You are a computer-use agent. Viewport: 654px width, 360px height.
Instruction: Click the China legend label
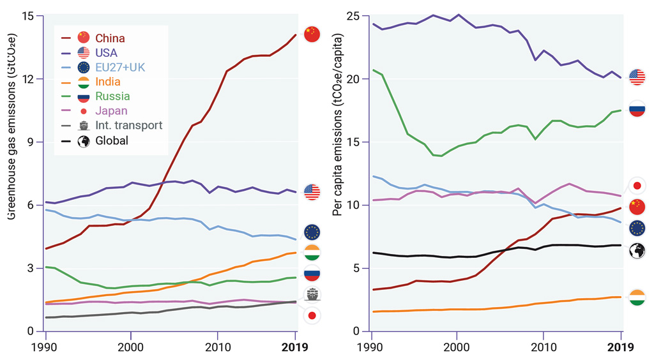pyautogui.click(x=110, y=38)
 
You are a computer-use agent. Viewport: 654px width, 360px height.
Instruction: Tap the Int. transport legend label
pyautogui.click(x=128, y=126)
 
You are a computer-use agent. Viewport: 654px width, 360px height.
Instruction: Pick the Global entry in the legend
pyautogui.click(x=111, y=140)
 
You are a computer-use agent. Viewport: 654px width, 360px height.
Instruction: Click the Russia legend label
pyautogui.click(x=112, y=96)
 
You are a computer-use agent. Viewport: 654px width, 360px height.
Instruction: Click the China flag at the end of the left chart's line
pyautogui.click(x=312, y=34)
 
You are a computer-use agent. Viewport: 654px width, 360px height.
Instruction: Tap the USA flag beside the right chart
pyautogui.click(x=637, y=77)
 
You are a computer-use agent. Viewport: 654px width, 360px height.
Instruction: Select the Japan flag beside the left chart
pyautogui.click(x=312, y=315)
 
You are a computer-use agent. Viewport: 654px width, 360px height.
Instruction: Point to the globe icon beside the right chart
pyautogui.click(x=637, y=251)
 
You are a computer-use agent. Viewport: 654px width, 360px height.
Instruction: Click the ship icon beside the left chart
pyautogui.click(x=312, y=295)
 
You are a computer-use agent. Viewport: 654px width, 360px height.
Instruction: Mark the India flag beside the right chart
pyautogui.click(x=637, y=297)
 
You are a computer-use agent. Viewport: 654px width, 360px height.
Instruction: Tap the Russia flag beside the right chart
pyautogui.click(x=637, y=109)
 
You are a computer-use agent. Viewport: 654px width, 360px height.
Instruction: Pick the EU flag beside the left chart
pyautogui.click(x=312, y=232)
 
